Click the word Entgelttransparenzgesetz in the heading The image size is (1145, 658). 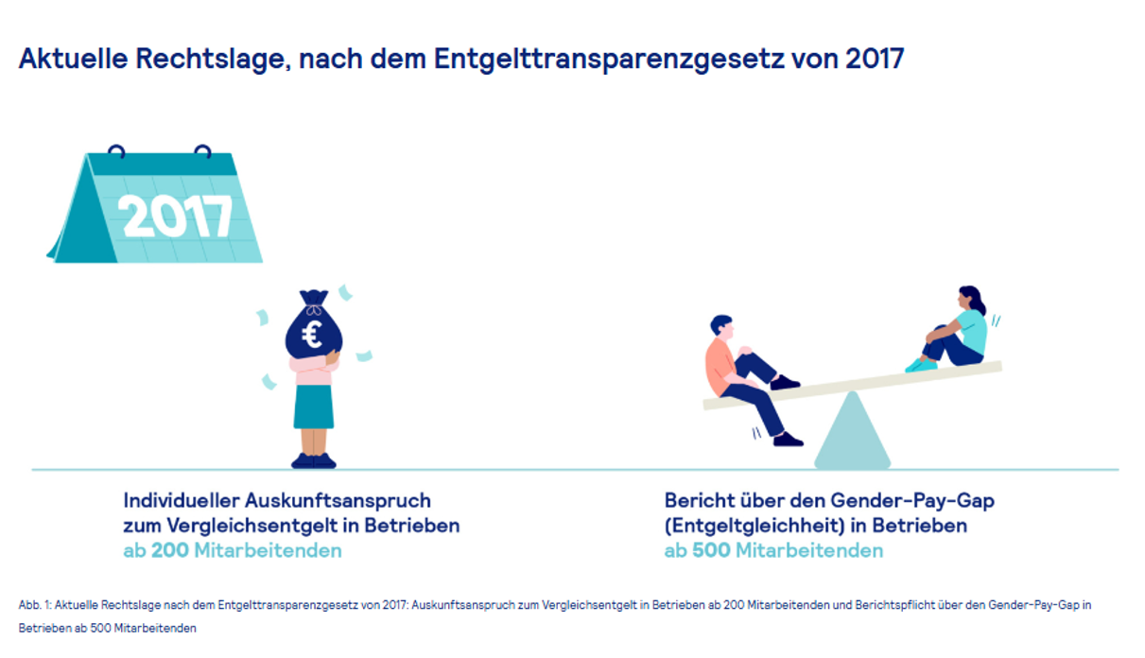pos(592,59)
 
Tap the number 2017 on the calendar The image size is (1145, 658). pos(177,216)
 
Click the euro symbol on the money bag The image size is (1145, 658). pos(311,334)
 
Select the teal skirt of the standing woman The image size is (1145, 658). pos(313,407)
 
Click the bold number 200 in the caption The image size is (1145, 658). pos(169,550)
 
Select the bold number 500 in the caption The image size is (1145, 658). pos(711,550)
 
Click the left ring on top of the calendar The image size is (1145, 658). pos(116,150)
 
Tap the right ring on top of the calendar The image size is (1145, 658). pos(202,150)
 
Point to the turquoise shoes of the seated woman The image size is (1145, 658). pos(920,365)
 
